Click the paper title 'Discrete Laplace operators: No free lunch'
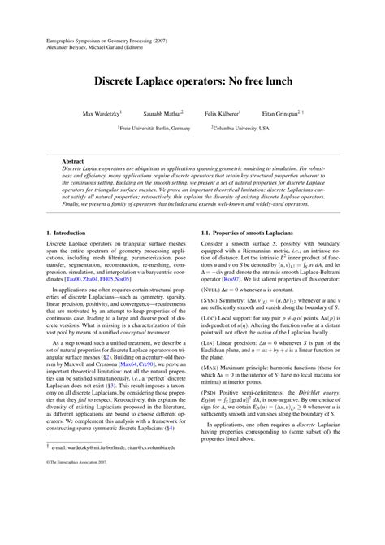point(192,83)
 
